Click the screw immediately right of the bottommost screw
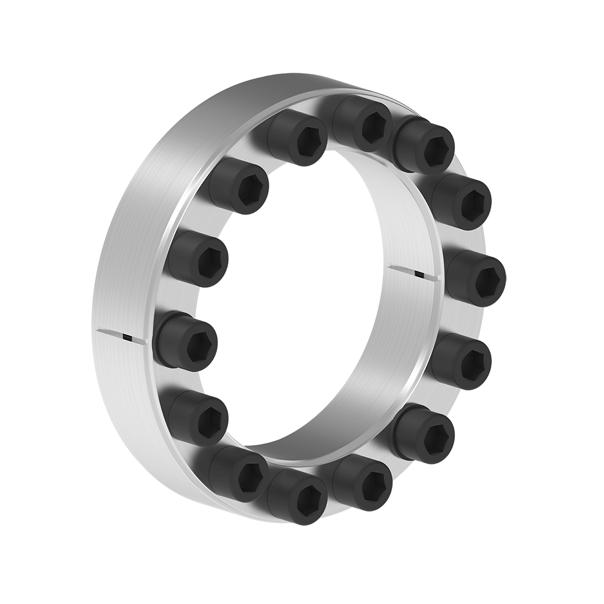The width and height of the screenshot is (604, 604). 362,483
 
